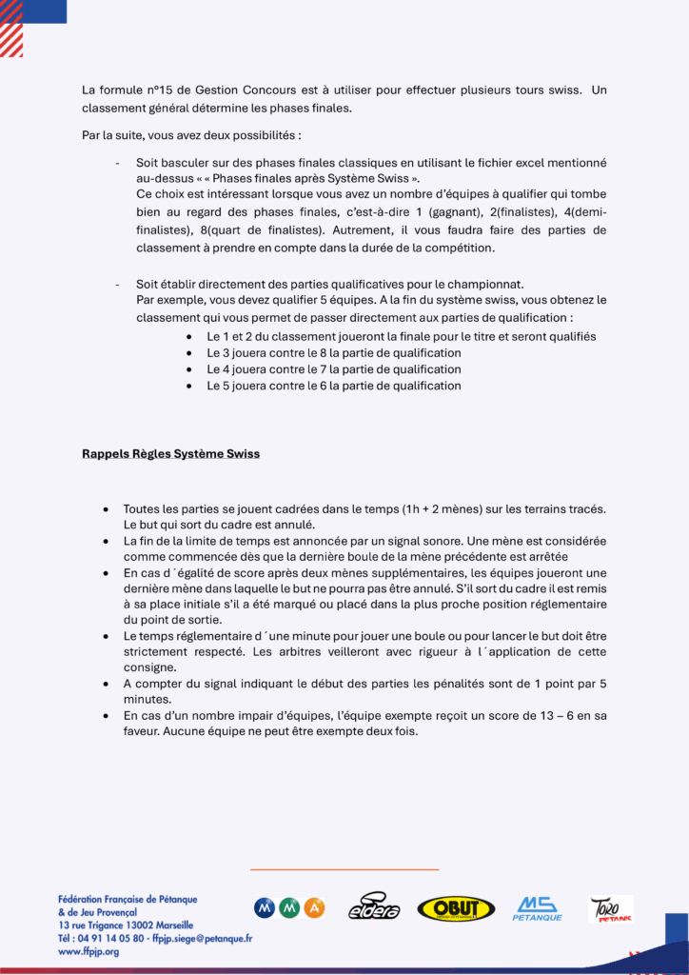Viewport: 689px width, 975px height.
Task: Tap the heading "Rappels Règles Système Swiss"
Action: point(170,454)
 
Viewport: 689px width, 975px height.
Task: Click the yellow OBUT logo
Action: point(456,908)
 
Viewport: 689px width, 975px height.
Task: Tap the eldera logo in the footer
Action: point(374,907)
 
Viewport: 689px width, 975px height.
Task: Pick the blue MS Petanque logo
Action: point(537,908)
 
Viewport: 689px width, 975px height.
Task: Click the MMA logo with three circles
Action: point(289,908)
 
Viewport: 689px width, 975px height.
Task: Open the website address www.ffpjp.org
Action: point(89,951)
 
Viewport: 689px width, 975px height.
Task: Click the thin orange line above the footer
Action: point(344,868)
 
